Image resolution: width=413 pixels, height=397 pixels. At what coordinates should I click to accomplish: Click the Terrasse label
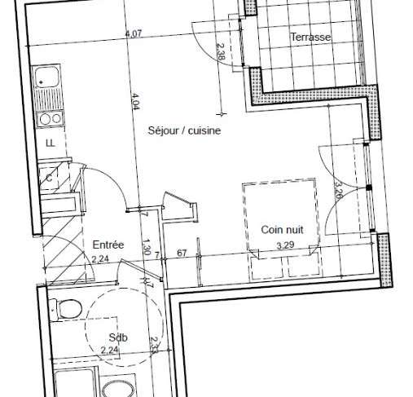[x=310, y=37]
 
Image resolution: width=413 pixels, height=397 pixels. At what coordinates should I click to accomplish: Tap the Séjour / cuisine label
[x=184, y=130]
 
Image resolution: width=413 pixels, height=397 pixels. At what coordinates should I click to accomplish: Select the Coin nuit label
[x=282, y=230]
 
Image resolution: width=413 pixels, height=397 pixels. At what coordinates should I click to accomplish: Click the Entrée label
[x=108, y=245]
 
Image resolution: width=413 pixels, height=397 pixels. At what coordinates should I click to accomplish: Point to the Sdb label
[x=118, y=337]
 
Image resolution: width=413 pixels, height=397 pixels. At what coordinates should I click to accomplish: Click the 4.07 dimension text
[x=134, y=34]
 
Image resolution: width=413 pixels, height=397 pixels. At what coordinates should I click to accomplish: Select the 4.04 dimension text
[x=135, y=102]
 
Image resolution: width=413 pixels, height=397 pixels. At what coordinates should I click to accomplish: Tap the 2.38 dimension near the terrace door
[x=221, y=51]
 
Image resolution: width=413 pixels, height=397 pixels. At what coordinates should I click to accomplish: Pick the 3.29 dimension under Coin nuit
[x=285, y=245]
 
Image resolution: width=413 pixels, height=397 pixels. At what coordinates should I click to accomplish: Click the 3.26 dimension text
[x=338, y=189]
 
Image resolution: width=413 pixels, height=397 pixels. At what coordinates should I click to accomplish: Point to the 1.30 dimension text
[x=147, y=247]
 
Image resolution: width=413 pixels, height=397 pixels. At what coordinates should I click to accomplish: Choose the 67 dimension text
[x=182, y=254]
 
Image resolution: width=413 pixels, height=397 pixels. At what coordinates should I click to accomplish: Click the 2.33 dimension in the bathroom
[x=154, y=345]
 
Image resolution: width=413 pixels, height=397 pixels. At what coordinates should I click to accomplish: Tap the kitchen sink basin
[x=46, y=77]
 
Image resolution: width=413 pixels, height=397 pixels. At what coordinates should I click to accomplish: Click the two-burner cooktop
[x=51, y=119]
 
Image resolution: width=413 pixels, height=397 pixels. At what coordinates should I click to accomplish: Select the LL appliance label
[x=51, y=143]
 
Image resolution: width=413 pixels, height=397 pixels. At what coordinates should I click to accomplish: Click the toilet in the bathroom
[x=66, y=310]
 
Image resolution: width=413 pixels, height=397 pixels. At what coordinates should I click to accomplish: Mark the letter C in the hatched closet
[x=49, y=179]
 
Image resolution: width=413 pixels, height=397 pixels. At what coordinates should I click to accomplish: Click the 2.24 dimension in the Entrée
[x=100, y=259]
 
